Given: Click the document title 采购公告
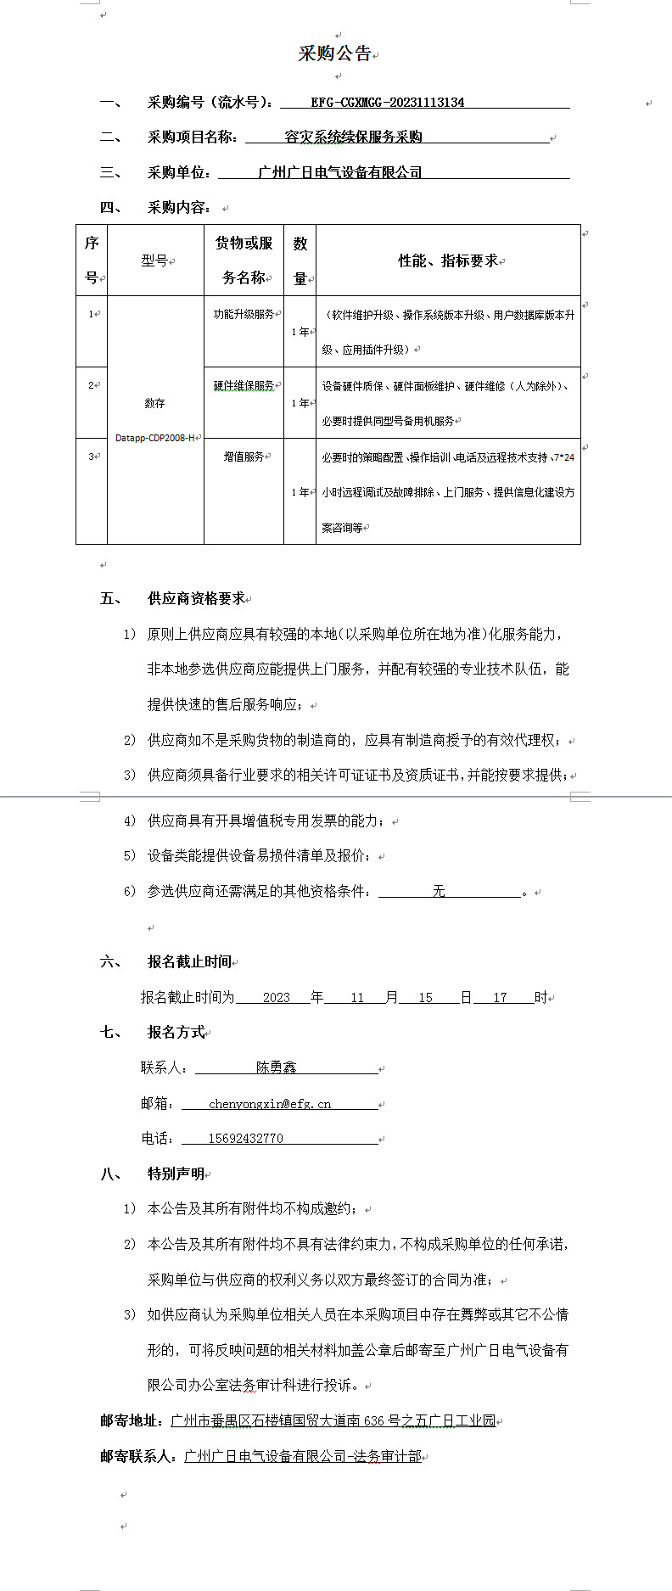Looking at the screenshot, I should pyautogui.click(x=334, y=53).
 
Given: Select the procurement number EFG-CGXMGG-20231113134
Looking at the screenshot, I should pyautogui.click(x=387, y=103).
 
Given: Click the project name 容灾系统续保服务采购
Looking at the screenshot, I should pyautogui.click(x=353, y=137).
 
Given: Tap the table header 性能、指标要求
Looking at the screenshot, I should pyautogui.click(x=447, y=260).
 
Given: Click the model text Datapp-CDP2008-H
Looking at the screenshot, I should pyautogui.click(x=154, y=438).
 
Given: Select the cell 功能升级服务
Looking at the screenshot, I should pyautogui.click(x=243, y=314).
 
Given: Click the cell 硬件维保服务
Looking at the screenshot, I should pyautogui.click(x=243, y=386).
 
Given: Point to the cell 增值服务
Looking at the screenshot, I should pyautogui.click(x=243, y=457).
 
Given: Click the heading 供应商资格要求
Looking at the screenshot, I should pyautogui.click(x=196, y=599).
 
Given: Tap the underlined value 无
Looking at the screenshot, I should pyautogui.click(x=439, y=892).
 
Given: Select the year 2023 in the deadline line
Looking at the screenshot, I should pyautogui.click(x=277, y=998).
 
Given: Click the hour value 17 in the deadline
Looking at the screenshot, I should pyautogui.click(x=501, y=998).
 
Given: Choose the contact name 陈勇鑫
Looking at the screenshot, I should pyautogui.click(x=277, y=1067).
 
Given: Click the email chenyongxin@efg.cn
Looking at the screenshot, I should pyautogui.click(x=270, y=1104).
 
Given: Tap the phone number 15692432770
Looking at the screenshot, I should pyautogui.click(x=245, y=1139).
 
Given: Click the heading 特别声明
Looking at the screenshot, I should pyautogui.click(x=176, y=1174).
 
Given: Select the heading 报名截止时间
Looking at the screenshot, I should pyautogui.click(x=189, y=961).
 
